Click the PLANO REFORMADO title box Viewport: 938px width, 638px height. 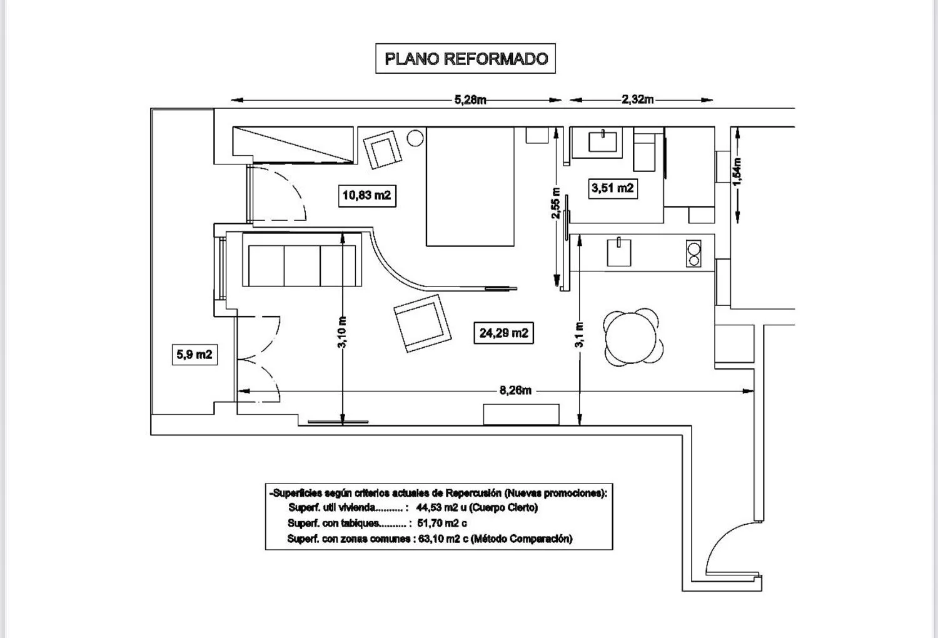(465, 59)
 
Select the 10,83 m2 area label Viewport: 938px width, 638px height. (366, 195)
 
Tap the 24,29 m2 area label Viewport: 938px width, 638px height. (503, 333)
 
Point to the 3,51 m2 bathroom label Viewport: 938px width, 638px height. (612, 188)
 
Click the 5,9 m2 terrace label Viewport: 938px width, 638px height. (194, 355)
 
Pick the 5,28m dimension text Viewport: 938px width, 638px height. (470, 99)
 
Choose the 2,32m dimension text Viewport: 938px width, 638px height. (638, 99)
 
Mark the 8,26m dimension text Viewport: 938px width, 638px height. (515, 391)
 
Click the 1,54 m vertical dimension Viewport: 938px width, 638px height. (738, 171)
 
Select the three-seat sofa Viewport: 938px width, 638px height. (303, 265)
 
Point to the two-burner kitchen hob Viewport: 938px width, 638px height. (693, 254)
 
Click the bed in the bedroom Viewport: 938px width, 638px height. (470, 186)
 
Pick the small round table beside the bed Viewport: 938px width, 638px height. (415, 138)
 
